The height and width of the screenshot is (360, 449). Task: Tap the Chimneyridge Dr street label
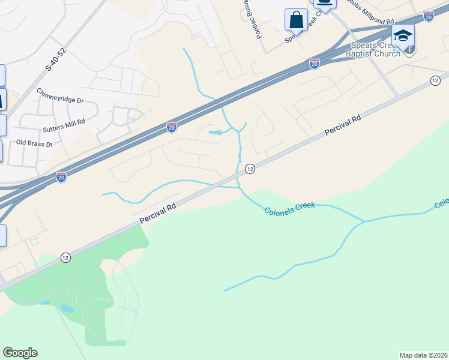59,95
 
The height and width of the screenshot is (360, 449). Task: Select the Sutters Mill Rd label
64,121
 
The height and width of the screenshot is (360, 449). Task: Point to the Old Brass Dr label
34,143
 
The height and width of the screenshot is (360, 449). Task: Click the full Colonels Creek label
289,206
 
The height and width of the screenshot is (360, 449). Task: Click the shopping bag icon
296,20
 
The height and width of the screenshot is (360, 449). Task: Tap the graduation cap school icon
403,35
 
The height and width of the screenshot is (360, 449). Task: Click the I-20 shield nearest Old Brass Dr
61,176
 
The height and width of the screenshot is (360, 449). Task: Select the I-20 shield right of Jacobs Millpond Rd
428,17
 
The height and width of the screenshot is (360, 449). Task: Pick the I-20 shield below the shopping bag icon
315,63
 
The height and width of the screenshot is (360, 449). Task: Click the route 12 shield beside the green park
65,257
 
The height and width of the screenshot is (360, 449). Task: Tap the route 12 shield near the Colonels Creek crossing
250,169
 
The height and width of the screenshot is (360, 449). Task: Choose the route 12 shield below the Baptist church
435,81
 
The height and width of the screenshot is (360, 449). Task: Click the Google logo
20,353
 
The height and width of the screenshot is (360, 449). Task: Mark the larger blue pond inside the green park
67,309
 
